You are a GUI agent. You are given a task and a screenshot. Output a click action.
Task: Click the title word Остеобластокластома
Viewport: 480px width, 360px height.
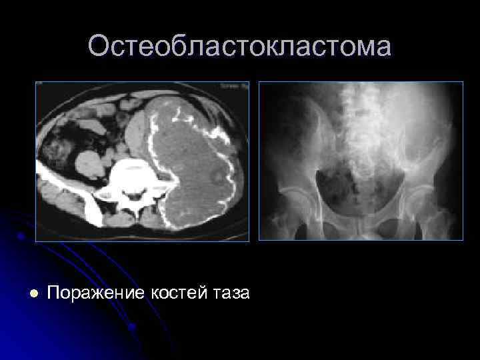(x=240, y=47)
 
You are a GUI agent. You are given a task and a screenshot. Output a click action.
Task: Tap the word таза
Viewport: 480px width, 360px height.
(x=231, y=293)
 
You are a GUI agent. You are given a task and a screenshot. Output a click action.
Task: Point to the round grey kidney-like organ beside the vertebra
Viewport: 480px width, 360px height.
(x=89, y=164)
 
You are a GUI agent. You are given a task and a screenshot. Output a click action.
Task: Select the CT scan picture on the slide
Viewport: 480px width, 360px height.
(x=142, y=161)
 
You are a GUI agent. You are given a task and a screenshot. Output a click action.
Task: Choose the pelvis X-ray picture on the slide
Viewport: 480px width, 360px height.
(x=361, y=161)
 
